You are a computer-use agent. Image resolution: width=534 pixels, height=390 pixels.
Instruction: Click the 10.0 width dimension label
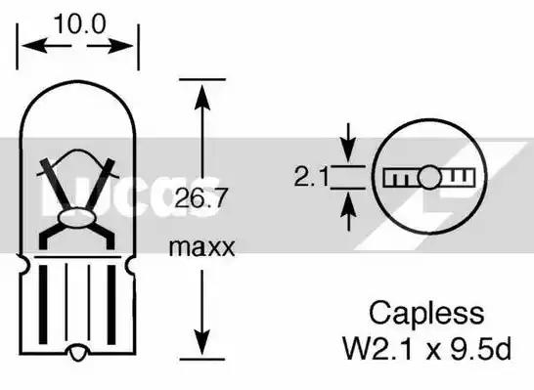(x=79, y=23)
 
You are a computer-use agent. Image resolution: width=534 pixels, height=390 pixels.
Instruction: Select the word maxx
(x=201, y=247)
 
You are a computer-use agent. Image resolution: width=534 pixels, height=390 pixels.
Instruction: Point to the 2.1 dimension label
(x=311, y=177)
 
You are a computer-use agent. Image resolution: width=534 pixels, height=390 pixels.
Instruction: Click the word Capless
(x=426, y=313)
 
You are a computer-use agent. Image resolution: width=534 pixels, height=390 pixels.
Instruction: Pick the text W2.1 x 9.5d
(x=427, y=348)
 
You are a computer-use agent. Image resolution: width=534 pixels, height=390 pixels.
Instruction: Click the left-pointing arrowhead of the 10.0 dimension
(x=34, y=45)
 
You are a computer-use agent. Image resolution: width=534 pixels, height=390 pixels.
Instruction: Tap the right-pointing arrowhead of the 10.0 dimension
(x=120, y=45)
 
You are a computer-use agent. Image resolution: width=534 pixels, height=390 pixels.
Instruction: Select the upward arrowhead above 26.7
(x=202, y=97)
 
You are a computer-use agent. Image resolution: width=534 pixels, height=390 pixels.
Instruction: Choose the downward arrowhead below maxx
(x=202, y=342)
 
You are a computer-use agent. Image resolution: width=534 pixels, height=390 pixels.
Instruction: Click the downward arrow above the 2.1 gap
(x=348, y=143)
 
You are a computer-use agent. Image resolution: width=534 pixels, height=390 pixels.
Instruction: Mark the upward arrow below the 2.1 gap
(x=348, y=212)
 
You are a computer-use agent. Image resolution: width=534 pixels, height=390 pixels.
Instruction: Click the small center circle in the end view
(x=429, y=177)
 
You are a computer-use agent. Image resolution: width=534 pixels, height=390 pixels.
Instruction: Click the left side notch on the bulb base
(x=23, y=264)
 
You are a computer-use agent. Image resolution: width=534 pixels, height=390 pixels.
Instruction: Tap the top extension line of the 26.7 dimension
(x=202, y=79)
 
